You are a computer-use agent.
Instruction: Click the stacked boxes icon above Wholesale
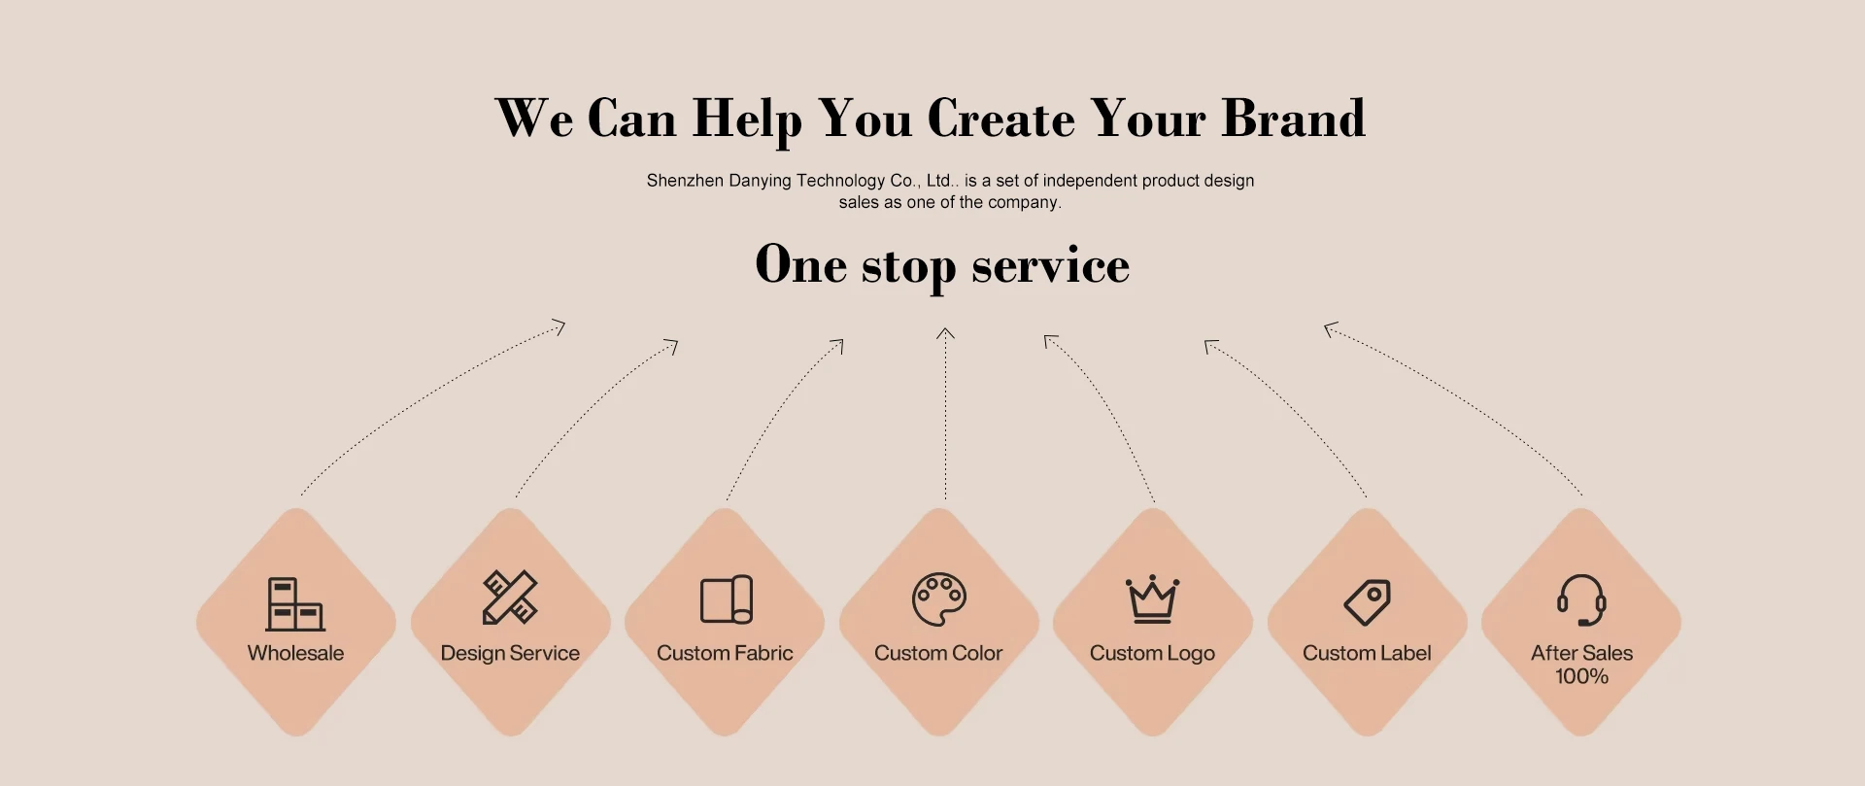click(295, 603)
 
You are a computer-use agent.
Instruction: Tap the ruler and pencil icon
click(510, 597)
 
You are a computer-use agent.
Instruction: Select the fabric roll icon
click(726, 599)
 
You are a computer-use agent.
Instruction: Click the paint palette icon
click(938, 598)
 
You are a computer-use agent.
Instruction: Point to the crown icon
click(1152, 598)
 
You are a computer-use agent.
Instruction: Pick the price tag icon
click(1367, 602)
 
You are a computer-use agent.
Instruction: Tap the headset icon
click(1581, 599)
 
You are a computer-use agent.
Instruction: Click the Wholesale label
click(295, 653)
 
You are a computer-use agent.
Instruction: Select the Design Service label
click(510, 653)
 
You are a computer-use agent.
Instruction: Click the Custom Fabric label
click(725, 653)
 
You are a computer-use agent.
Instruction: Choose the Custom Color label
click(938, 653)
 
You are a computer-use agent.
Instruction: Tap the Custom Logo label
click(1152, 653)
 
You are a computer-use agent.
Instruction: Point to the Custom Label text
click(1367, 653)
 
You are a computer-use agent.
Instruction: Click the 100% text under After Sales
click(1581, 676)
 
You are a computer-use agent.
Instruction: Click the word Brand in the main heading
click(1293, 119)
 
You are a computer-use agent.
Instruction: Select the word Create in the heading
click(1001, 119)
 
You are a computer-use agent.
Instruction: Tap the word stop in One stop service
click(908, 266)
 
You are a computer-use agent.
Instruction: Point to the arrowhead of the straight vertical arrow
click(945, 332)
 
